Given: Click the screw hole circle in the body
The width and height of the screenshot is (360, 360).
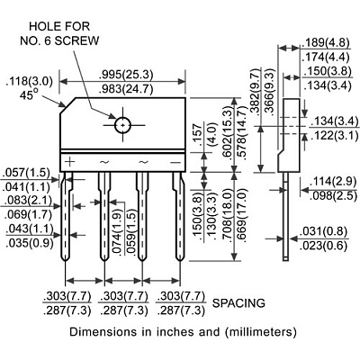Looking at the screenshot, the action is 122,118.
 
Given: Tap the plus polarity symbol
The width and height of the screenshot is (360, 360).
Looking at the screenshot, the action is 69,162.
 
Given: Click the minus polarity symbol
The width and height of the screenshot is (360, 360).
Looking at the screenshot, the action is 175,162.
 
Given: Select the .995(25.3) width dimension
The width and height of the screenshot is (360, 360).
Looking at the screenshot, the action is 126,75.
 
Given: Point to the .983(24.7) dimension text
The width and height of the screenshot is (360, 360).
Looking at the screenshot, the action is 126,89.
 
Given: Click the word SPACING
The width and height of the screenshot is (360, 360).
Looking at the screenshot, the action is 238,303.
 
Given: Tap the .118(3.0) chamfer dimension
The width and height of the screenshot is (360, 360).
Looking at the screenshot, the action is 29,82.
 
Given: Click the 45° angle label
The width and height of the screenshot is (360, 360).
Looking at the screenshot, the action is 29,95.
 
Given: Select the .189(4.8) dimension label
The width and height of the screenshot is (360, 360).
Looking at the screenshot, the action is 326,43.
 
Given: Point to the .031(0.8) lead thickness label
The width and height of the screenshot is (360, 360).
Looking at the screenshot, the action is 324,231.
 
